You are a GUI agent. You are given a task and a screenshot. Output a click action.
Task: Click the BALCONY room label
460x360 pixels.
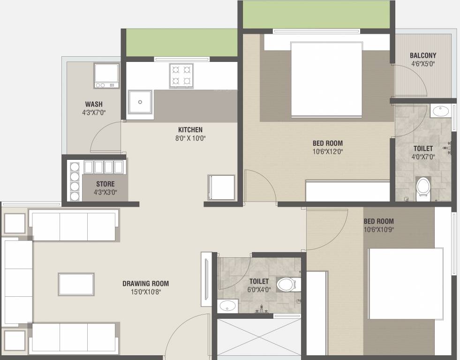point(423,55)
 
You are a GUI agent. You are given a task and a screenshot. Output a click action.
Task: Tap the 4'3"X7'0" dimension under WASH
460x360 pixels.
point(94,112)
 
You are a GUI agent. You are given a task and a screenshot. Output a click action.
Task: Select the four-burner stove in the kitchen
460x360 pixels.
point(181,76)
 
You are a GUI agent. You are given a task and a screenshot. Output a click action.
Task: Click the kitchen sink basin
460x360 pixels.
point(140,102)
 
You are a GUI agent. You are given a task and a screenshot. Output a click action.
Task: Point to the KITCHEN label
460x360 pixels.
point(190,129)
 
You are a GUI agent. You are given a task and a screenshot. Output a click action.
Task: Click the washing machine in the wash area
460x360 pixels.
point(106,75)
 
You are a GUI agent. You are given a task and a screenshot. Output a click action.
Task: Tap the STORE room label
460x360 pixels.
point(106,184)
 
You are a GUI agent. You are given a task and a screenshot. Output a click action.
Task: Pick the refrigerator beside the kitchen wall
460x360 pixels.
point(221,187)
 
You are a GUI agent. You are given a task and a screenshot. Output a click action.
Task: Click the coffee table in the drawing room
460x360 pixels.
point(76,285)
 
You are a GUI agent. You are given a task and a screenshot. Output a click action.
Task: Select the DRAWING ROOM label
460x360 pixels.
point(145,284)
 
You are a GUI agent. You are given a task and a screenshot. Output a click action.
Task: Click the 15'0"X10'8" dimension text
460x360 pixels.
point(146,292)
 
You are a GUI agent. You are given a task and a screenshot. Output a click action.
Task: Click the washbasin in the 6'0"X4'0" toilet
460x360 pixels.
point(227,306)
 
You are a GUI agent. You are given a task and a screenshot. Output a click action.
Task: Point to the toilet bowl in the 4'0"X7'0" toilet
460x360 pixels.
point(423,189)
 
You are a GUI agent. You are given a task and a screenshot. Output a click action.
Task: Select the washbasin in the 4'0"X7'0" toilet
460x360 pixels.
point(441,111)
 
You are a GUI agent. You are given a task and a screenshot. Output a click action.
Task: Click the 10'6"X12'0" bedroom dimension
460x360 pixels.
point(328,151)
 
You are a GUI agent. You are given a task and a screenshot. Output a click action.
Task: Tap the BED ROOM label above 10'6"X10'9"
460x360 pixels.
point(379,221)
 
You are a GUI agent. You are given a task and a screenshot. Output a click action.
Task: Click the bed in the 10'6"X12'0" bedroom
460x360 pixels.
point(326,79)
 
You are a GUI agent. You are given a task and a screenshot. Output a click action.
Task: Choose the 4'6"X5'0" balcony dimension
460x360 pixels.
point(423,64)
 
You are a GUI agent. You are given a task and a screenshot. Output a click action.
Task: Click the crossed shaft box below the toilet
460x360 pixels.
point(259,337)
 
